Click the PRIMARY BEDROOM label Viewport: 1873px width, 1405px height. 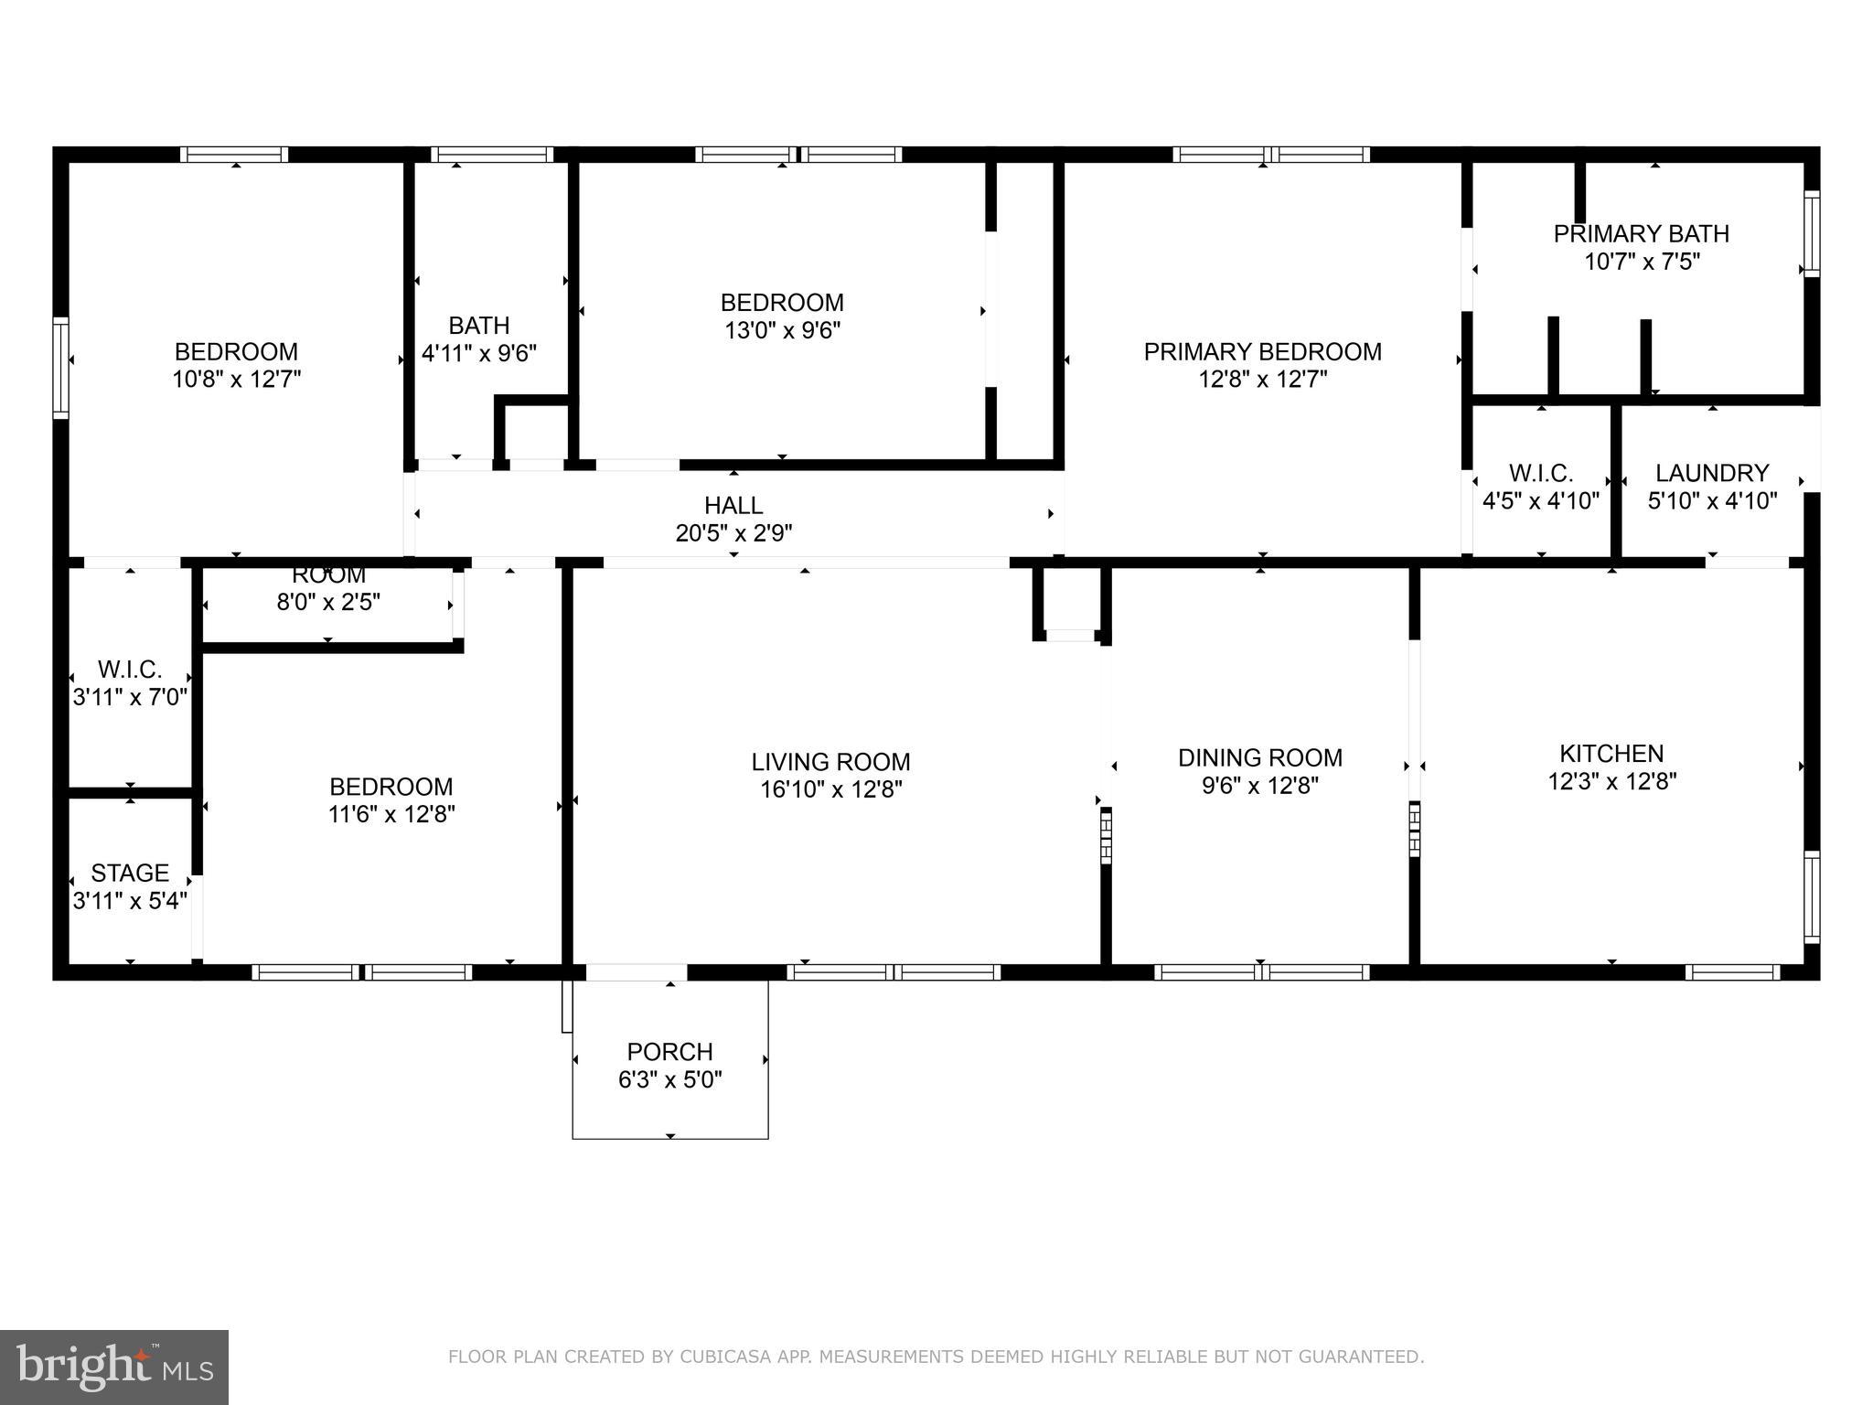pos(1262,352)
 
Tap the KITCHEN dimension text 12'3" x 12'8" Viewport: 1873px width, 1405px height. pos(1611,781)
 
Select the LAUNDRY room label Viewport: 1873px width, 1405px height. pos(1712,473)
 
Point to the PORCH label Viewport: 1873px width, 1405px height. pos(669,1052)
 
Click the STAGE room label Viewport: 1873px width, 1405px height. pos(130,873)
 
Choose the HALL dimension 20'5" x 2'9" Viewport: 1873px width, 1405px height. pos(733,532)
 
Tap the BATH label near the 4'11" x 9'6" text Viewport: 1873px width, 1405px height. pos(478,326)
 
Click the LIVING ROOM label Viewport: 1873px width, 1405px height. pos(830,762)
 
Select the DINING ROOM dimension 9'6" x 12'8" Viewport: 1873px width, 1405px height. pos(1259,786)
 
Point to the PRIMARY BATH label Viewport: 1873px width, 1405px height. pos(1641,234)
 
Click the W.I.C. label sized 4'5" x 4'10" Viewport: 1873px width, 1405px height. pos(1540,473)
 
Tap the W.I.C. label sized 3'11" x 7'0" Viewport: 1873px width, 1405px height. pos(130,670)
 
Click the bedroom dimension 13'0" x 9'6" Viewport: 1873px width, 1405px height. pos(782,330)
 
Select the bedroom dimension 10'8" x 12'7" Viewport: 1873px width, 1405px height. pos(236,380)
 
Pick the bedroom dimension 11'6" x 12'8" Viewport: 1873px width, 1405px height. pos(391,814)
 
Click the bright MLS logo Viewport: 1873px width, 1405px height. pos(114,1367)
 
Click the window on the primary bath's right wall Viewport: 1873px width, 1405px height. pos(1811,233)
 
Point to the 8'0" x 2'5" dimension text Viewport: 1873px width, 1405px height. pos(328,602)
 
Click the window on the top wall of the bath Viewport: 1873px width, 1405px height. pos(491,155)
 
